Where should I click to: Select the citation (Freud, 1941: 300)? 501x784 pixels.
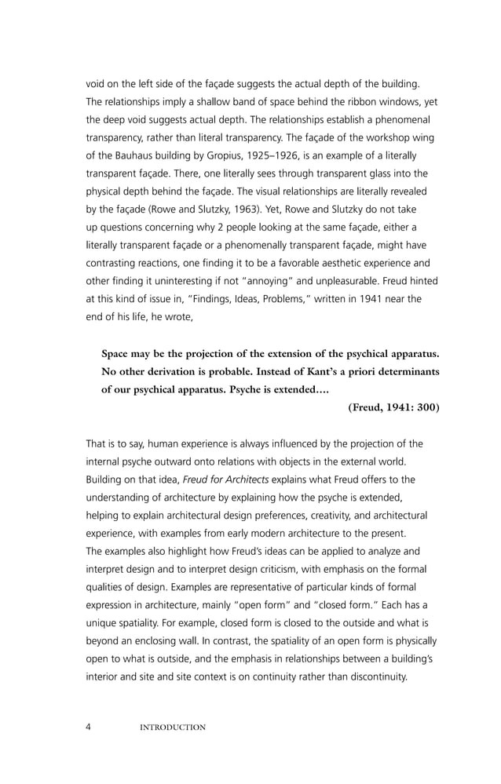click(393, 407)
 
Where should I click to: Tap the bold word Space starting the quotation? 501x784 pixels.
click(116, 353)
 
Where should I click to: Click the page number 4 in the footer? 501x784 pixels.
click(89, 727)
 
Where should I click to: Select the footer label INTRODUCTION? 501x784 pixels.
click(172, 727)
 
